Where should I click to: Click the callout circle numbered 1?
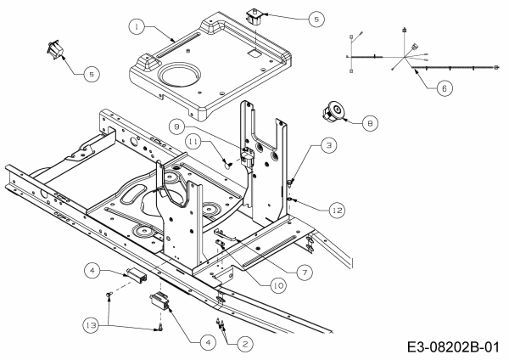136,28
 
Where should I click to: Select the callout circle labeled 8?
369,123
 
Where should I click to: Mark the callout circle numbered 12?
337,208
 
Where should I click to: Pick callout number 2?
244,343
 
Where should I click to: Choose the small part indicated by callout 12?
292,199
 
